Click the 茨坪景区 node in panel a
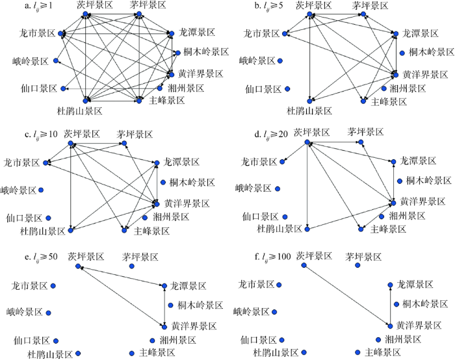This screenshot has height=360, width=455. click(85, 14)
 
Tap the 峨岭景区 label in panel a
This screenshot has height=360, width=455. click(30, 61)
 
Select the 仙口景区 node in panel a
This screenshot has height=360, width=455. click(63, 88)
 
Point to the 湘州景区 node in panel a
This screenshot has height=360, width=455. click(160, 88)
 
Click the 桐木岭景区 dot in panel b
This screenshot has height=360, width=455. click(402, 53)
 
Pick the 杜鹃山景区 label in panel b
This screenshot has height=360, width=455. click(309, 111)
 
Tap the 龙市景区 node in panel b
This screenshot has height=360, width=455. click(285, 34)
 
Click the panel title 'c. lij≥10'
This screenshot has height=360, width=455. click(41, 134)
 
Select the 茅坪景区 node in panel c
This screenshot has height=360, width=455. click(124, 143)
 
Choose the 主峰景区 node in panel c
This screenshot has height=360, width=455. click(124, 230)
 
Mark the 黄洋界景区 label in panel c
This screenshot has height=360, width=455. click(187, 203)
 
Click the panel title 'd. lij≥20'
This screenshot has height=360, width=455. click(271, 134)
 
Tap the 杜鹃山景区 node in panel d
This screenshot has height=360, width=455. click(307, 229)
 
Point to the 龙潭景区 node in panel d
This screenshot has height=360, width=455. click(393, 162)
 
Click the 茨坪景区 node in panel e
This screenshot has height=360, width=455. click(77, 266)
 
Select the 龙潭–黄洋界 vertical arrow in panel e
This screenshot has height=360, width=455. click(164, 306)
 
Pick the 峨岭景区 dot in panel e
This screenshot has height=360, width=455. click(49, 313)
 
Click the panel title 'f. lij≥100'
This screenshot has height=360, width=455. click(273, 257)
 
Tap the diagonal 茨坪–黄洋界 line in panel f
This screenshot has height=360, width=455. click(347, 296)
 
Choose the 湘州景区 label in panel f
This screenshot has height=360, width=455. click(403, 339)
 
